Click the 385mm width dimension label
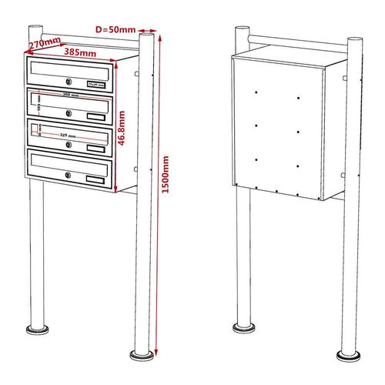tap(81, 53)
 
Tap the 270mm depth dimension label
tap(43, 45)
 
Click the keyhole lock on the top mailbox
tap(69, 82)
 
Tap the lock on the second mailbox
tap(69, 113)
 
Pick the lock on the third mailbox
tap(69, 145)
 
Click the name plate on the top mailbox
tap(96, 83)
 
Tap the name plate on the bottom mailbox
tap(96, 179)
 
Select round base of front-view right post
tap(141, 356)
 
